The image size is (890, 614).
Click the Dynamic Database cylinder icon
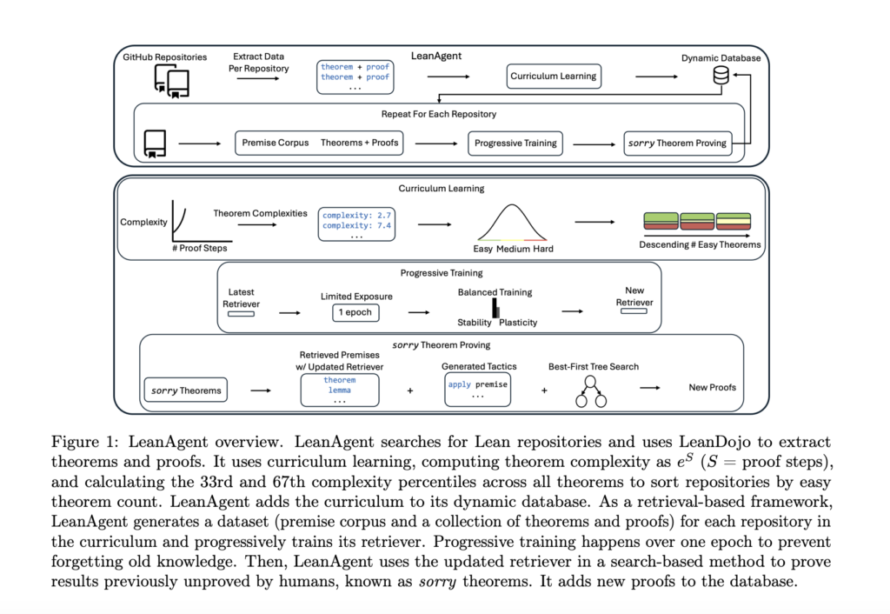coord(721,77)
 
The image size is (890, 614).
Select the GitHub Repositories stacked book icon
coord(171,82)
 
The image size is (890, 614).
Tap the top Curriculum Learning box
coord(554,76)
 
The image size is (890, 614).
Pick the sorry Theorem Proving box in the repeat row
coord(677,143)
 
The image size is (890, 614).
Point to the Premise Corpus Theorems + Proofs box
coord(320,143)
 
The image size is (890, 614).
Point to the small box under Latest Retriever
coord(241,313)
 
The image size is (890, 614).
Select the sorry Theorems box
coord(186,390)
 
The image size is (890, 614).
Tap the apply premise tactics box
coord(477,388)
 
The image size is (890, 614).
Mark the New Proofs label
coord(712,387)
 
